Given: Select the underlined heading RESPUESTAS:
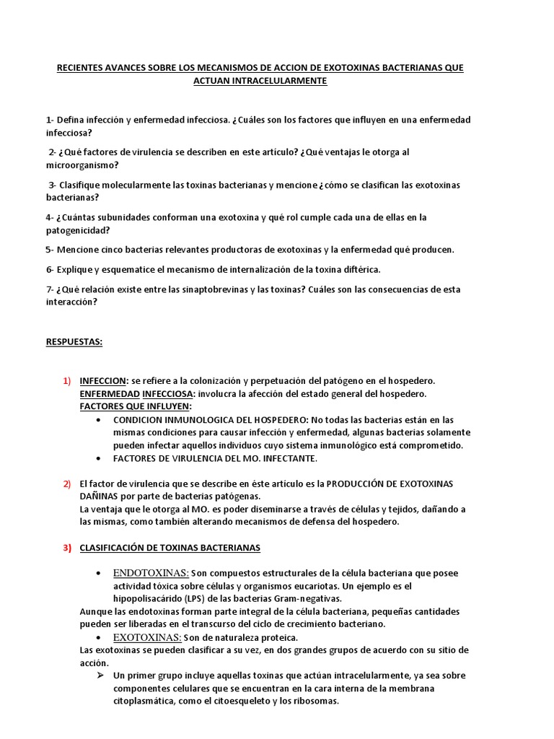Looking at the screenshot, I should [74, 342].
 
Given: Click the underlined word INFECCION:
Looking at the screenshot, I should [104, 380].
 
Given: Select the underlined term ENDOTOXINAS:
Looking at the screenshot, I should [151, 573].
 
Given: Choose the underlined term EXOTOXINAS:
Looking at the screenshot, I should [147, 637].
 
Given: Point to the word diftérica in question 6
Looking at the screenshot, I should [360, 270].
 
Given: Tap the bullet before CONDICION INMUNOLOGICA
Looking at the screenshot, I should [97, 419].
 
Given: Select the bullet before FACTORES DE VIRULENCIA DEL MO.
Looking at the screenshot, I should [97, 458].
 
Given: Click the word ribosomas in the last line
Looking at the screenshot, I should [315, 701].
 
